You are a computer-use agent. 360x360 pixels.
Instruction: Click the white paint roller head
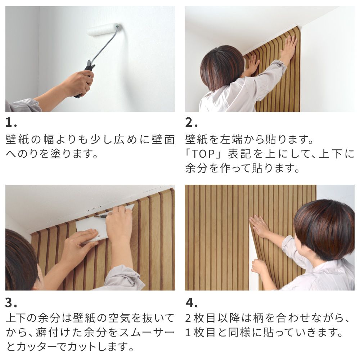[x=103, y=30]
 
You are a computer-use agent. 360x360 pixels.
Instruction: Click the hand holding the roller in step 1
[x=80, y=83]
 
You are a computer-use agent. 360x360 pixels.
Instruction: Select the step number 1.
[x=10, y=123]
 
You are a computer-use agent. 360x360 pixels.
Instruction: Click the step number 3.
[x=10, y=302]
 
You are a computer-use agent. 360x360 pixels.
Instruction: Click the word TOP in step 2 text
[x=204, y=154]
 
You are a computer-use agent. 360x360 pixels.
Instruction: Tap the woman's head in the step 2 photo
[x=221, y=67]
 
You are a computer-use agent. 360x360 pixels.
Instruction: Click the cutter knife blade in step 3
[x=103, y=216]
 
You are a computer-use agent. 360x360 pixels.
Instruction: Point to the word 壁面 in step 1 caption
[x=163, y=139]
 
